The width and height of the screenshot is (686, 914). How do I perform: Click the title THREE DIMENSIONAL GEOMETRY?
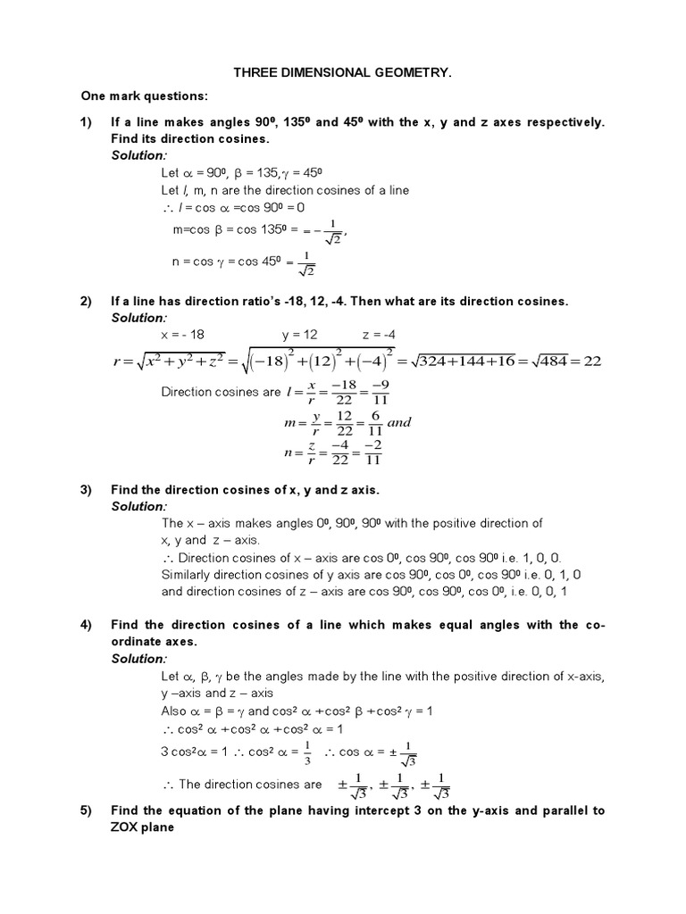click(x=344, y=78)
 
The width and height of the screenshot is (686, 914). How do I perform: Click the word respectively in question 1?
click(x=557, y=122)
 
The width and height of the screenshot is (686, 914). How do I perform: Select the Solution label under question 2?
click(x=138, y=318)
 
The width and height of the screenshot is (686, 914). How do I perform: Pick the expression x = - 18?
click(x=182, y=335)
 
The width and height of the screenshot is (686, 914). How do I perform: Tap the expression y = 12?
click(x=299, y=335)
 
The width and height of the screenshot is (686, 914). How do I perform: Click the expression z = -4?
click(x=378, y=335)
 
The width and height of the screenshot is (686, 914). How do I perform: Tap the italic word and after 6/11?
click(x=398, y=423)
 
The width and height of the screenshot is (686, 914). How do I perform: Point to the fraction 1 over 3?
click(x=307, y=752)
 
